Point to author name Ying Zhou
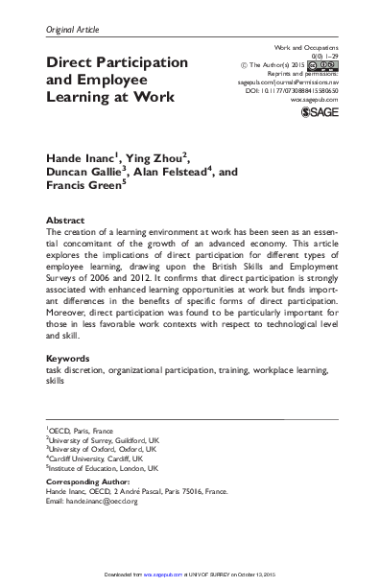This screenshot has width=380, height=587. tap(157, 155)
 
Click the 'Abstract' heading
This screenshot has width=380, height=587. tap(66, 220)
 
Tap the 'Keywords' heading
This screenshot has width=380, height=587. tap(70, 358)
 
